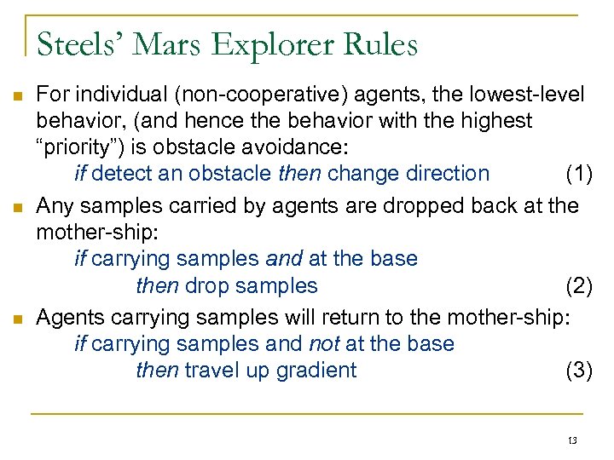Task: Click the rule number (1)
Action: click(x=579, y=174)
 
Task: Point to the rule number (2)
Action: click(x=579, y=285)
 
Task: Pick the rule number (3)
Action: click(x=579, y=370)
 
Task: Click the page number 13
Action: click(x=571, y=440)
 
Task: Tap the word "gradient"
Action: click(x=316, y=371)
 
